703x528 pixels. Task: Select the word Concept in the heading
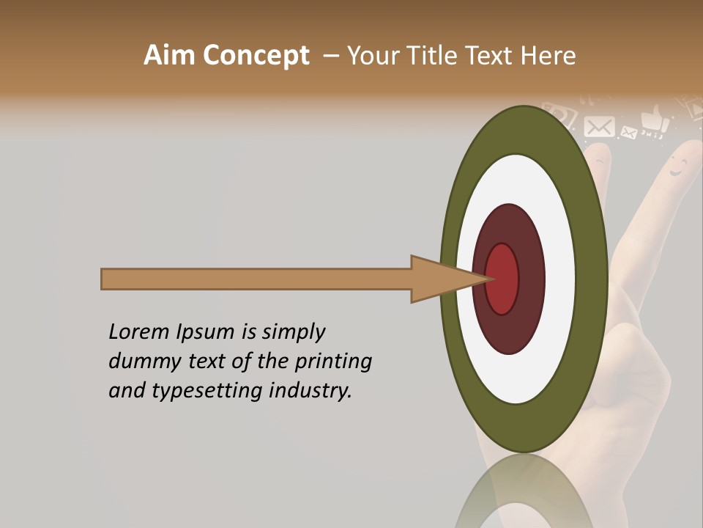[256, 56]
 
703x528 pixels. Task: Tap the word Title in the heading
[439, 56]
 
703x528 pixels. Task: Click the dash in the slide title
[330, 56]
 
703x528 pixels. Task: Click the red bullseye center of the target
[502, 279]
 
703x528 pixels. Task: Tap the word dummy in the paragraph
[140, 361]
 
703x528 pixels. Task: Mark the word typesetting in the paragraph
[209, 391]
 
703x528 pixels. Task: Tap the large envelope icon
[600, 127]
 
